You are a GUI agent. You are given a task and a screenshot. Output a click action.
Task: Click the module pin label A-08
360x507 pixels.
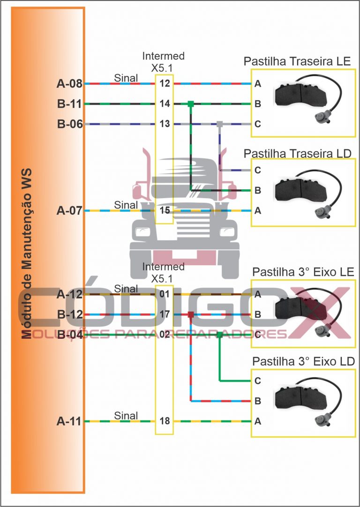pyautogui.click(x=69, y=84)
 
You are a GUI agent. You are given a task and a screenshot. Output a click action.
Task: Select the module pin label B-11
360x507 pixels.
pyautogui.click(x=69, y=104)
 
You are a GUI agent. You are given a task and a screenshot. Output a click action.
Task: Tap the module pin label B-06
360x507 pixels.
pyautogui.click(x=69, y=125)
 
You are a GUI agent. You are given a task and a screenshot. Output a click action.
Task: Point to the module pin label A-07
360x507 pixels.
pyautogui.click(x=69, y=211)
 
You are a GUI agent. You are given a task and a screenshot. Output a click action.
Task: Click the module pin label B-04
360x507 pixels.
pyautogui.click(x=69, y=335)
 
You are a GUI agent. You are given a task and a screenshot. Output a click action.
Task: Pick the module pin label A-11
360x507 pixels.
pyautogui.click(x=69, y=422)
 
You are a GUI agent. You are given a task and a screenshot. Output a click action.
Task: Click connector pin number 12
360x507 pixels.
pyautogui.click(x=165, y=84)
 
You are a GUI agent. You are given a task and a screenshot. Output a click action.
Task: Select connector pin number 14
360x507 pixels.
pyautogui.click(x=165, y=104)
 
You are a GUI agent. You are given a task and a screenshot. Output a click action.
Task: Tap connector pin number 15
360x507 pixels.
pyautogui.click(x=165, y=211)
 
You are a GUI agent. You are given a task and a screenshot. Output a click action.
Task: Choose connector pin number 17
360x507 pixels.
pyautogui.click(x=165, y=314)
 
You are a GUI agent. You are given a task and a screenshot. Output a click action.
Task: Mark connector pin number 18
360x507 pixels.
pyautogui.click(x=165, y=422)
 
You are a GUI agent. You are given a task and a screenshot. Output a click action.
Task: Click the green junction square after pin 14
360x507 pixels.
pyautogui.click(x=191, y=104)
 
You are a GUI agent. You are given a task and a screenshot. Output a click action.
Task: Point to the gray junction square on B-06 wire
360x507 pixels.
pyautogui.click(x=219, y=124)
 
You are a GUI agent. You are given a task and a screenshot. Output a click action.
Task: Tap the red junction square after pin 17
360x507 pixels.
pyautogui.click(x=191, y=314)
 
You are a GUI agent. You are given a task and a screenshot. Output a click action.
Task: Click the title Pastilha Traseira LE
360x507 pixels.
pyautogui.click(x=297, y=62)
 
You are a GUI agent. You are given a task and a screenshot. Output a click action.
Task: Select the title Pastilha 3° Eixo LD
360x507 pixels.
pyautogui.click(x=303, y=362)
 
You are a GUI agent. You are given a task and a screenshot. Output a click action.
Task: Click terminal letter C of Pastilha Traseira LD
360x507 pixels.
pyautogui.click(x=258, y=171)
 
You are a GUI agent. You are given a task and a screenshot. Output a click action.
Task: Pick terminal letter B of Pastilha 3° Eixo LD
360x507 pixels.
pyautogui.click(x=258, y=402)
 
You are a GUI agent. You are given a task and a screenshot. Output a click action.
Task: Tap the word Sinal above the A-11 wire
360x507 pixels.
pyautogui.click(x=126, y=416)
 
